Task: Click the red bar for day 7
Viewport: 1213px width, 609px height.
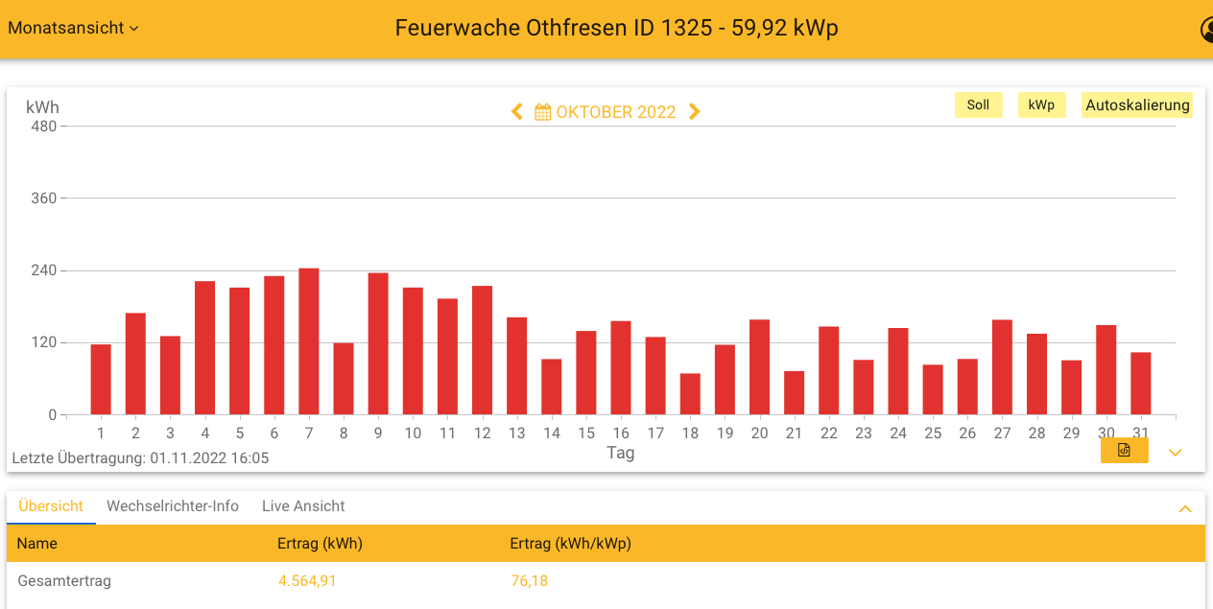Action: [309, 341]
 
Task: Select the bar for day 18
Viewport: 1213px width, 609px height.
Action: [690, 394]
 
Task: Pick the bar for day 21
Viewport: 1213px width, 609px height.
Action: [794, 393]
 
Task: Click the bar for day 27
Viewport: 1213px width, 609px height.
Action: [1002, 367]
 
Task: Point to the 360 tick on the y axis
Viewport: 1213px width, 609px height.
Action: [44, 199]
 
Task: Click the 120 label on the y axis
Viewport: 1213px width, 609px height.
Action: [44, 342]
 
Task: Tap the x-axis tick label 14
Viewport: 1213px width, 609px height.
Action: [551, 433]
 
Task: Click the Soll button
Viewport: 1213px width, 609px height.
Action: [978, 105]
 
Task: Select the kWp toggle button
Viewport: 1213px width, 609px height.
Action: [1041, 105]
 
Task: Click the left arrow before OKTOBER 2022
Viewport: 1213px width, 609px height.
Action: [517, 112]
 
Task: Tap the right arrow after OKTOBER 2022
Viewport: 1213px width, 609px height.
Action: [695, 112]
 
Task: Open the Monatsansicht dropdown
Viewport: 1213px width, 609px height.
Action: [73, 28]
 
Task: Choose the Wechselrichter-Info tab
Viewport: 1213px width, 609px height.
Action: [173, 506]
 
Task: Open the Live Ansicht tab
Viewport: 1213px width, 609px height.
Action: [303, 506]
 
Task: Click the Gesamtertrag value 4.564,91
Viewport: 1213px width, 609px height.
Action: [307, 581]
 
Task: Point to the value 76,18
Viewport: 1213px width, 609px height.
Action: [529, 581]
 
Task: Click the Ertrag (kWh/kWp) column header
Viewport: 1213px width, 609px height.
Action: [570, 544]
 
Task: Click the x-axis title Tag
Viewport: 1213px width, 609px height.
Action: [621, 453]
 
